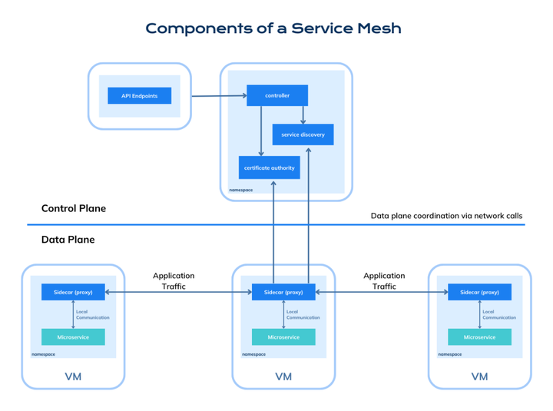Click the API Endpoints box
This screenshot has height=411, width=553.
click(x=139, y=96)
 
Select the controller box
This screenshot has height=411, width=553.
click(x=276, y=96)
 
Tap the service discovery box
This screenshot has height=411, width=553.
click(x=303, y=134)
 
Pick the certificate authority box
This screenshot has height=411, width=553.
click(x=269, y=167)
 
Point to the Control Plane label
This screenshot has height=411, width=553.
click(x=74, y=208)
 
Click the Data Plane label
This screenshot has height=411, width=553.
click(x=68, y=240)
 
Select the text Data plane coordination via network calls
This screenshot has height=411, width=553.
click(x=446, y=216)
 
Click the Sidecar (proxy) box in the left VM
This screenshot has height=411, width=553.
click(x=73, y=292)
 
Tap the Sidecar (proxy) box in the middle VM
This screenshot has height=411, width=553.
click(x=283, y=292)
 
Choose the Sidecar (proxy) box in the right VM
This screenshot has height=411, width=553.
click(x=479, y=292)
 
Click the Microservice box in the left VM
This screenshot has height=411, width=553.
click(x=73, y=337)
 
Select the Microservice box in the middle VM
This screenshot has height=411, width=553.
click(x=283, y=337)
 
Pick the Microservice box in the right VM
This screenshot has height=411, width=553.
click(x=479, y=337)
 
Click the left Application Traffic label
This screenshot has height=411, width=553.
click(x=174, y=280)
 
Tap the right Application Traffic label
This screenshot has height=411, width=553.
click(x=384, y=280)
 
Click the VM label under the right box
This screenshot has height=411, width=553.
click(x=479, y=376)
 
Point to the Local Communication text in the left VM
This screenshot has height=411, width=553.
click(x=92, y=314)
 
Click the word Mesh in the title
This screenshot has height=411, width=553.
click(x=373, y=28)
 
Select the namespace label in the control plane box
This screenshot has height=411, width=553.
click(x=240, y=189)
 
